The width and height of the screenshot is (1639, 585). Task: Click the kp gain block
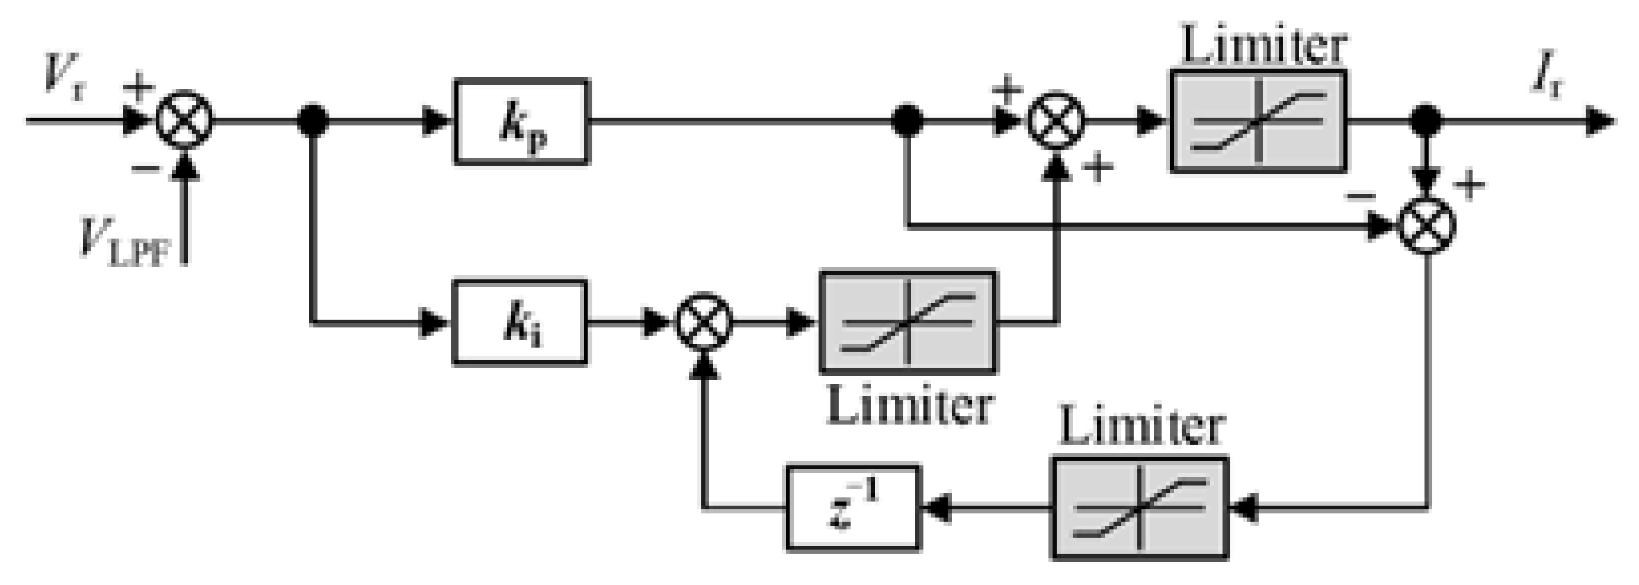[x=522, y=122]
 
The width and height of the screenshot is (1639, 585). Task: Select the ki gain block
[x=520, y=322]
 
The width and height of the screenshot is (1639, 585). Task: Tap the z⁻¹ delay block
[x=853, y=508]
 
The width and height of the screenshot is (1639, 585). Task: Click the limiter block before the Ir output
[x=1258, y=121]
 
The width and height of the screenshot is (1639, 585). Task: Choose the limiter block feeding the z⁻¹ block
[x=1140, y=508]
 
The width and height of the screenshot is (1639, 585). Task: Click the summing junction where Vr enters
[x=185, y=120]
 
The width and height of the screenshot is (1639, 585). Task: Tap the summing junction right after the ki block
[x=704, y=322]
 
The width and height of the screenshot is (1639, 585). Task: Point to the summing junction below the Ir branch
[x=1427, y=225]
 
